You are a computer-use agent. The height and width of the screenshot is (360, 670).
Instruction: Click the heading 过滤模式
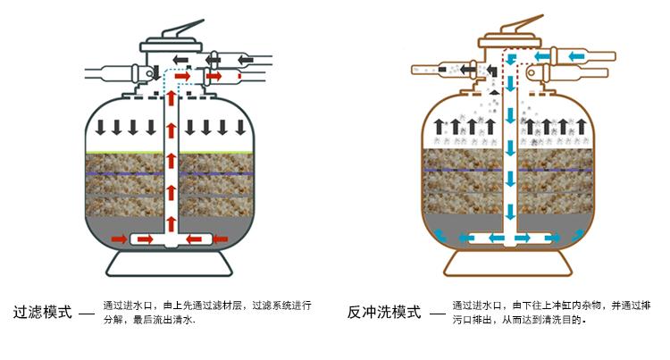(x=43, y=312)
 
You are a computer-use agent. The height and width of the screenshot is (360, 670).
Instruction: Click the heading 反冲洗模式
(x=384, y=312)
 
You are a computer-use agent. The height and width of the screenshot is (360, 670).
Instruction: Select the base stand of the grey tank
(x=169, y=264)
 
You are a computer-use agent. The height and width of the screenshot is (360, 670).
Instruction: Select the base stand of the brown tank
(x=508, y=264)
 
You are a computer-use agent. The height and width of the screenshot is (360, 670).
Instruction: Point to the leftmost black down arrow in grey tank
(x=100, y=127)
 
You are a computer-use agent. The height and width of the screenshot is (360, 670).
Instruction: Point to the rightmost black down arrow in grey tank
(x=240, y=127)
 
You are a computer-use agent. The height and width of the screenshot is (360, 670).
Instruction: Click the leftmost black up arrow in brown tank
(x=439, y=127)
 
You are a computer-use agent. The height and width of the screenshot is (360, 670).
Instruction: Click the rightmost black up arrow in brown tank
(x=582, y=127)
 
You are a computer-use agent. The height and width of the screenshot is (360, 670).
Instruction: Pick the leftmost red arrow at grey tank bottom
(x=119, y=239)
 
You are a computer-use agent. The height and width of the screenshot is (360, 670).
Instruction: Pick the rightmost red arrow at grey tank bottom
(x=220, y=239)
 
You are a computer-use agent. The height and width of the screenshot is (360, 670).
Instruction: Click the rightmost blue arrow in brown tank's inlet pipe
(x=576, y=56)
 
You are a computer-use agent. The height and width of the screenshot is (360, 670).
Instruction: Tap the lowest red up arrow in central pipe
(x=171, y=224)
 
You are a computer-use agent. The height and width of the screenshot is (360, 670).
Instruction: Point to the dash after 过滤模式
(x=87, y=314)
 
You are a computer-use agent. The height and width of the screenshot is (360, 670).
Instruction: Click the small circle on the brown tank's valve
(x=532, y=73)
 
